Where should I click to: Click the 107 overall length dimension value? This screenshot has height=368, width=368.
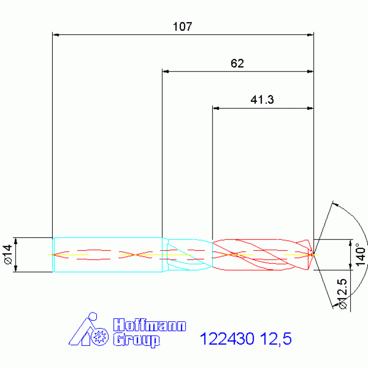click(182, 26)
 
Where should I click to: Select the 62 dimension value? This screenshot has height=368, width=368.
click(237, 63)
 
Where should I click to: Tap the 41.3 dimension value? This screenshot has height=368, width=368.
click(262, 99)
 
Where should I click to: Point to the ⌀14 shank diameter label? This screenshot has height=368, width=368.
click(8, 254)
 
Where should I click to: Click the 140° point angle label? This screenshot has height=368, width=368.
click(361, 255)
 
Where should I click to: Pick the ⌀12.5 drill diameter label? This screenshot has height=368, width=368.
click(342, 294)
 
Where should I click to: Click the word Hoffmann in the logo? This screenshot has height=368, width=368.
click(150, 325)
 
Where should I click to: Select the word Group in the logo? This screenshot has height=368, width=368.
click(137, 340)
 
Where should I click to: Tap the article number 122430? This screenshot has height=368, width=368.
click(227, 338)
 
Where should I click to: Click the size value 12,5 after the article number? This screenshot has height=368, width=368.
click(276, 339)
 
